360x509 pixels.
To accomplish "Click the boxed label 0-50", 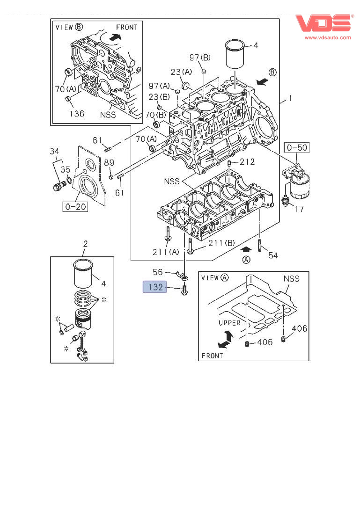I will pyautogui.click(x=297, y=148).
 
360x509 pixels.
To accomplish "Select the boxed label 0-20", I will pyautogui.click(x=75, y=206).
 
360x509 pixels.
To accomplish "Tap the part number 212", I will pyautogui.click(x=247, y=162).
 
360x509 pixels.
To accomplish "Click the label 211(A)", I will pyautogui.click(x=166, y=252).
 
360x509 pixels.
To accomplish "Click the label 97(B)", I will pyautogui.click(x=200, y=58).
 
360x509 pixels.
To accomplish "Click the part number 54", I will pyautogui.click(x=273, y=255).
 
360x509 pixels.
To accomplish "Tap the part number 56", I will pyautogui.click(x=158, y=272).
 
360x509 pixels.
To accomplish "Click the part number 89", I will pyautogui.click(x=109, y=163).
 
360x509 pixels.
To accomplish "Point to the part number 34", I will pyautogui.click(x=55, y=151).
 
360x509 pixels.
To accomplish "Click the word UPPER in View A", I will pyautogui.click(x=229, y=323).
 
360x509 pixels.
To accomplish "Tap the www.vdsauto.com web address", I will pyautogui.click(x=328, y=37).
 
